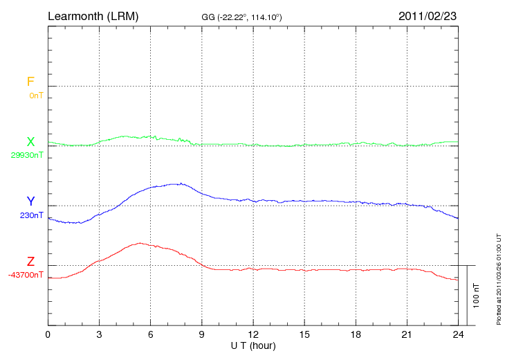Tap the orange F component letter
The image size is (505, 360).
click(30, 82)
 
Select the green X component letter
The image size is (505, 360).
click(30, 142)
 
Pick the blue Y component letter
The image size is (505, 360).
click(30, 201)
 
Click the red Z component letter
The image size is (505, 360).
click(30, 262)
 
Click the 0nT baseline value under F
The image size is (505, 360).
click(36, 96)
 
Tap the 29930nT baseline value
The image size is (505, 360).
click(27, 155)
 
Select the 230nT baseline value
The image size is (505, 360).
click(31, 215)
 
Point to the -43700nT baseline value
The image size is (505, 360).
click(26, 275)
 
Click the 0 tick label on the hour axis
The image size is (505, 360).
click(48, 334)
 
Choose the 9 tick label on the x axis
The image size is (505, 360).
click(202, 334)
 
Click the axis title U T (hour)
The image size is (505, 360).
click(253, 345)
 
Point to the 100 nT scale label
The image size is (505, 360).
click(476, 296)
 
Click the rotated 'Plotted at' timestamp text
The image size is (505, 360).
click(499, 277)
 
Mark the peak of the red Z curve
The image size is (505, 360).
click(140, 243)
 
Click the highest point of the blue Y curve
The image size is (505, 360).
click(181, 183)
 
